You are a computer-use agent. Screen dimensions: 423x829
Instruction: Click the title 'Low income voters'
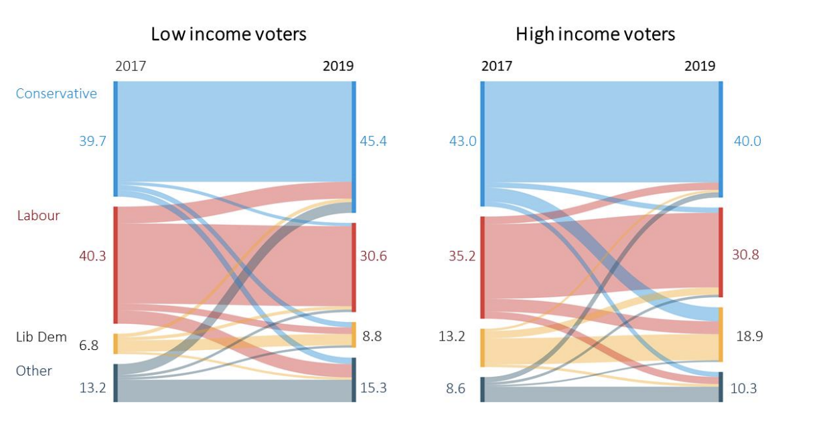[x=228, y=34]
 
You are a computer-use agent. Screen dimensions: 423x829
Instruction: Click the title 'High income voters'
[x=595, y=34]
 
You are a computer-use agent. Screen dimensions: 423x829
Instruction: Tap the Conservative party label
[x=56, y=94]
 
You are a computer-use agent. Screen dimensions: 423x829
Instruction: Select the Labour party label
[x=38, y=216]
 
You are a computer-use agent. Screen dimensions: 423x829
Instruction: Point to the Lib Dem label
[x=42, y=337]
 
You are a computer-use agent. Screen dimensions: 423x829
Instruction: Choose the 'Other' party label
[x=34, y=371]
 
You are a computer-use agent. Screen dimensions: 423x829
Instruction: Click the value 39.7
[x=92, y=141]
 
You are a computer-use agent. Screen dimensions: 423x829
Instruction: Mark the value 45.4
[x=373, y=141]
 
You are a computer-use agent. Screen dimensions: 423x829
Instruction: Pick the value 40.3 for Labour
[x=92, y=256]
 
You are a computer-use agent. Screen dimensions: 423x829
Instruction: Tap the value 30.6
[x=373, y=256]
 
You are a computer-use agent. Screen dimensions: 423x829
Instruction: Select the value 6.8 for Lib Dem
[x=88, y=345]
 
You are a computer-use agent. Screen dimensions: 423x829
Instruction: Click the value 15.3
[x=373, y=388]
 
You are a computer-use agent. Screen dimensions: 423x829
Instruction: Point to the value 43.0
[x=463, y=141]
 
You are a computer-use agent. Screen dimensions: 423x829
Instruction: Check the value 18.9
[x=749, y=336]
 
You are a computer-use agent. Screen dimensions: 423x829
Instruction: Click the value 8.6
[x=455, y=388]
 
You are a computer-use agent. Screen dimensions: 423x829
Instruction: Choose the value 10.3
[x=743, y=388]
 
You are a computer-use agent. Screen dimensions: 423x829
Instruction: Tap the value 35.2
[x=463, y=256]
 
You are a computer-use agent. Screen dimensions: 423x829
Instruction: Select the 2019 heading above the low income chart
[x=338, y=66]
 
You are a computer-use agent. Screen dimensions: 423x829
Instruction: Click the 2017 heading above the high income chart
[x=497, y=66]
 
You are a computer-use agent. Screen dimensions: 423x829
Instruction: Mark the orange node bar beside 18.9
[x=721, y=335]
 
